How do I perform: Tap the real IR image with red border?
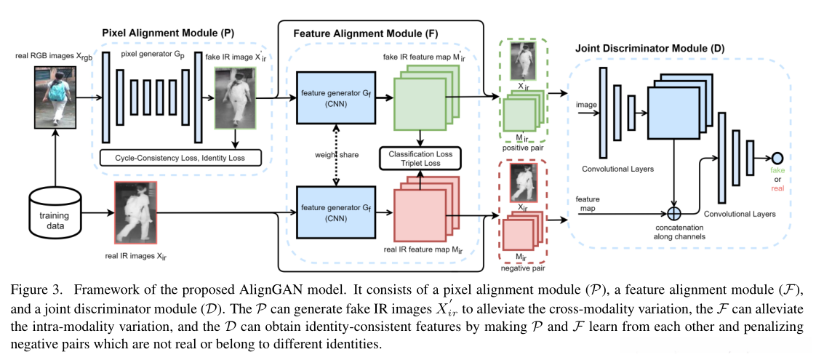point(135,212)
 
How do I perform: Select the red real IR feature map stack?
point(422,211)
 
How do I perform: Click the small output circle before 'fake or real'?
point(777,158)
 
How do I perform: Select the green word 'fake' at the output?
point(778,169)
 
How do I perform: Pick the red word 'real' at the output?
point(778,186)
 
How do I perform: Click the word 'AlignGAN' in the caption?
point(271,290)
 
